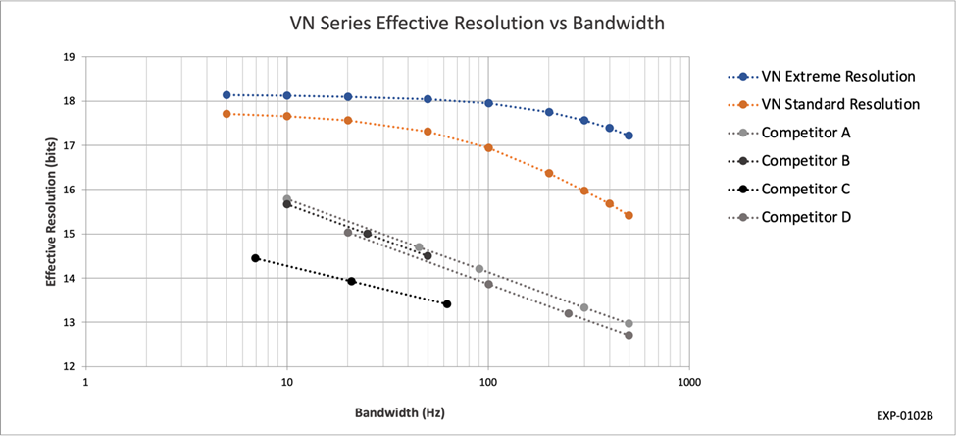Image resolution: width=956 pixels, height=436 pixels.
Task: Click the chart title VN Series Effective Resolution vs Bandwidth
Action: point(478,22)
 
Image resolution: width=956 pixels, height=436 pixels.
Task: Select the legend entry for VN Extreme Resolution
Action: point(838,76)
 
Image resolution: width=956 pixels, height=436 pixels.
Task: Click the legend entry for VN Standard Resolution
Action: point(841,103)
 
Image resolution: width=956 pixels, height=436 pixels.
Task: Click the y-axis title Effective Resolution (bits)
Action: point(50,211)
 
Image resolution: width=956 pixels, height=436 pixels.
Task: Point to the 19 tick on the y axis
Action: point(69,57)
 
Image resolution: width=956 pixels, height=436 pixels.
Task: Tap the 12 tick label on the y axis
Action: point(69,366)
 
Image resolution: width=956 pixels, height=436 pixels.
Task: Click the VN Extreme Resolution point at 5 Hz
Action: point(226,95)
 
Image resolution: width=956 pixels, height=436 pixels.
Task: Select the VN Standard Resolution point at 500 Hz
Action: point(629,215)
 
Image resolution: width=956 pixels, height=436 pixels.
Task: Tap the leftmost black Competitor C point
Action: point(256,258)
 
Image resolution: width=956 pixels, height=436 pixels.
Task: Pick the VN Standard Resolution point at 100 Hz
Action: point(488,147)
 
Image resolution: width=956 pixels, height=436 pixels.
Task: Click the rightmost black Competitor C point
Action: point(447,304)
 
